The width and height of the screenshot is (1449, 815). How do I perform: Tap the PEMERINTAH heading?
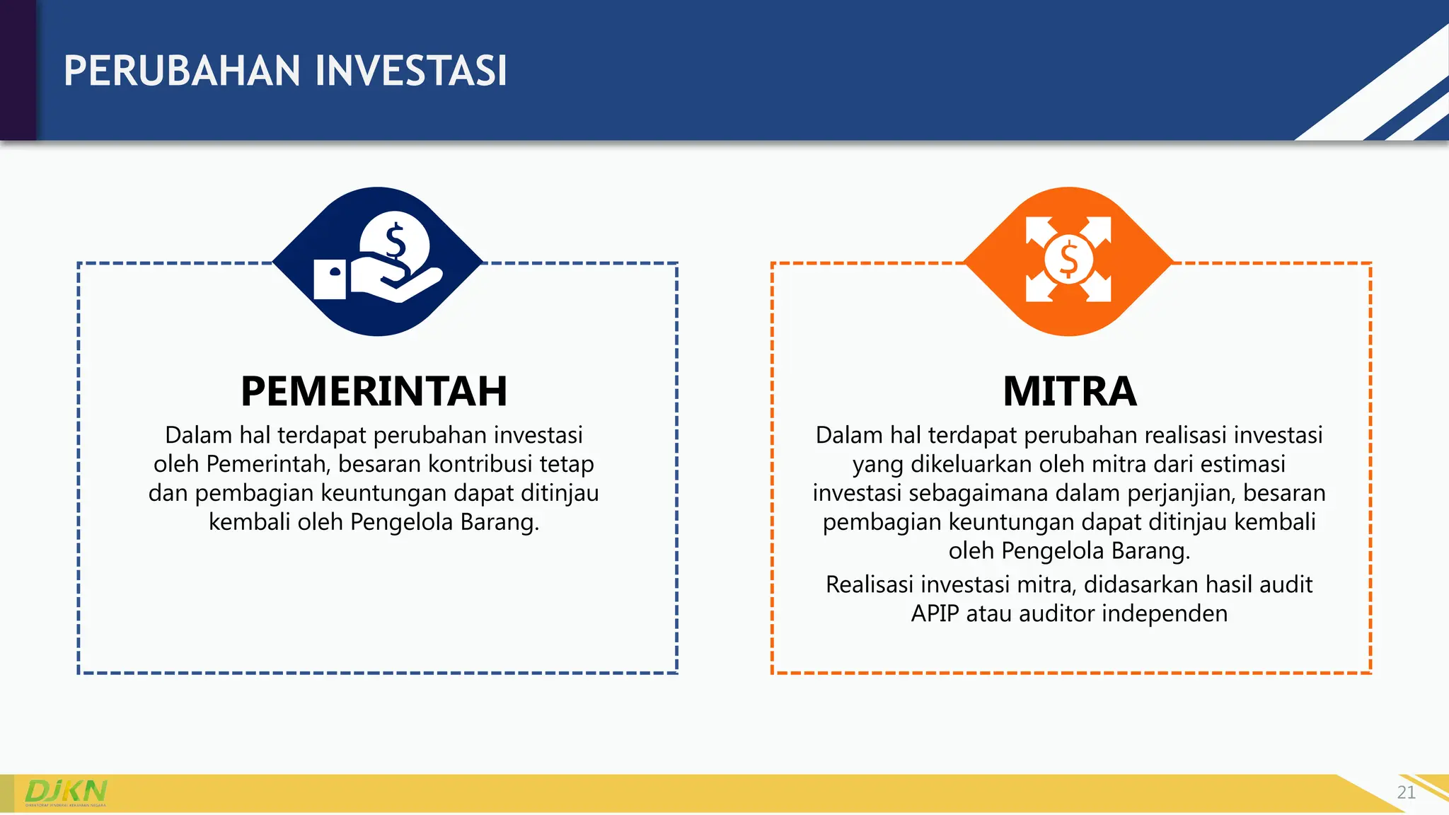click(x=374, y=391)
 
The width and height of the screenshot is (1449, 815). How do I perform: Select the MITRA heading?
click(x=1069, y=391)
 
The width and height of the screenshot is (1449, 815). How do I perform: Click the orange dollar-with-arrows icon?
click(x=1068, y=260)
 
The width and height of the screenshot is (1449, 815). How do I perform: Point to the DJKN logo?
click(x=66, y=792)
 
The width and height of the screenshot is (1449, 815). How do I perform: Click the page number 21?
click(x=1406, y=792)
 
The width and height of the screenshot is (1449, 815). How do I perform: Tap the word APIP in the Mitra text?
click(x=935, y=613)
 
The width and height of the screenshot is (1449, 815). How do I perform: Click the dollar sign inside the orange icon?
click(x=1068, y=260)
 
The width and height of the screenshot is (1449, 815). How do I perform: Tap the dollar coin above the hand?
click(x=395, y=241)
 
